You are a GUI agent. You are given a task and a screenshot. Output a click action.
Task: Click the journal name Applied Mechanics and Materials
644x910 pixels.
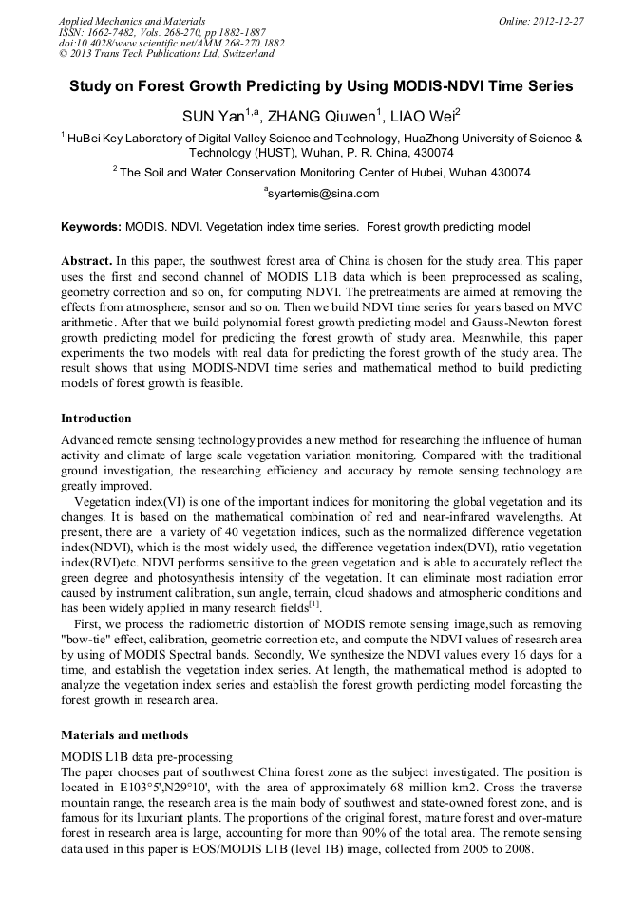131,20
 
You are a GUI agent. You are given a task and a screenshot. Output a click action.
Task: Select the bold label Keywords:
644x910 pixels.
91,227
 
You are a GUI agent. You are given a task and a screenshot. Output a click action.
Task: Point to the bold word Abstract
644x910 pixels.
86,260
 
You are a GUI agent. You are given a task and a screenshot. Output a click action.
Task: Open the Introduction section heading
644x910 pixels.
96,418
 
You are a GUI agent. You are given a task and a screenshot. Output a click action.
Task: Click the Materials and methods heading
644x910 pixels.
124,734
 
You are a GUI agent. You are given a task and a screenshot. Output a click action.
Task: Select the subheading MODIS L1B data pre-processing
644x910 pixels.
146,756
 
